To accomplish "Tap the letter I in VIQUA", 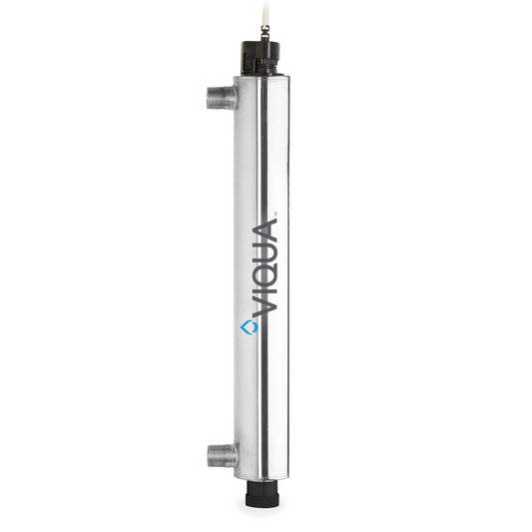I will click(x=265, y=288).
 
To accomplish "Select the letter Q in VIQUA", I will click(x=265, y=269).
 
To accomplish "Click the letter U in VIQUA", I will click(x=265, y=247).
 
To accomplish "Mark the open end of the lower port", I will click(x=211, y=455).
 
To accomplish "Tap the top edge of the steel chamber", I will click(x=262, y=77).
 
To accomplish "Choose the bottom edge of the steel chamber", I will click(x=262, y=478).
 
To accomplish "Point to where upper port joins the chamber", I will click(x=236, y=97).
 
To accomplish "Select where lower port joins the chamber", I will click(x=236, y=455).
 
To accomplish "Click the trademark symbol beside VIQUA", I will click(x=275, y=211).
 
